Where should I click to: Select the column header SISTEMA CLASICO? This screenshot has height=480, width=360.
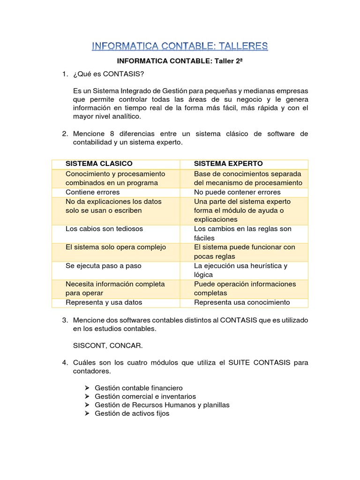(x=99, y=164)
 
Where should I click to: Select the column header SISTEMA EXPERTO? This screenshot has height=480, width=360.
(x=228, y=164)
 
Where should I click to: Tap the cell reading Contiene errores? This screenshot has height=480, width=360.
(x=93, y=192)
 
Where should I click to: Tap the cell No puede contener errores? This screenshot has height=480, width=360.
(x=237, y=192)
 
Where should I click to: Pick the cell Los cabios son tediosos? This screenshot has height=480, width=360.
(x=104, y=229)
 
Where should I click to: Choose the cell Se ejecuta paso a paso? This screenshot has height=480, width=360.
(x=103, y=266)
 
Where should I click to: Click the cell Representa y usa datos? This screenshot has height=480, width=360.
(x=104, y=302)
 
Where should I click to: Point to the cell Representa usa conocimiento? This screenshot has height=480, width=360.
(x=242, y=302)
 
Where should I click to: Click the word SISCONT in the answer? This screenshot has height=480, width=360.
(x=88, y=345)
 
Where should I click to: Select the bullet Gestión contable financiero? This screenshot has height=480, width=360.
(x=138, y=388)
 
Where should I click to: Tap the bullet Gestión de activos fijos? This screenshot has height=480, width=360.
(x=132, y=413)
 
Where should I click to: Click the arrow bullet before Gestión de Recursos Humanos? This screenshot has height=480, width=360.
(x=88, y=405)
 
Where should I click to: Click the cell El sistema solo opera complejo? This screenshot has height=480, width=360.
(x=116, y=247)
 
